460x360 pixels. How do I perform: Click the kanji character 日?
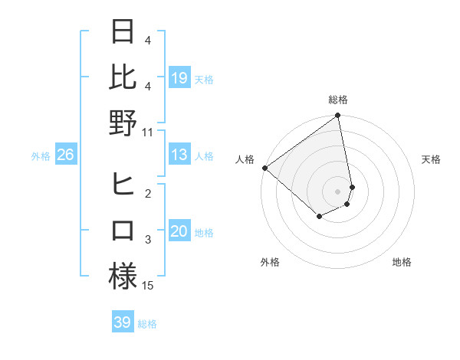click(x=123, y=33)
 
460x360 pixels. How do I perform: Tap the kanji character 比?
click(x=123, y=77)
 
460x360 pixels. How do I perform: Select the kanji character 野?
click(x=123, y=123)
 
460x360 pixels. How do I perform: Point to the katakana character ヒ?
click(x=123, y=185)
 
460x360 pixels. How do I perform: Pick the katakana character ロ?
click(x=123, y=231)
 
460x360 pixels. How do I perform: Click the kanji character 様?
click(x=123, y=276)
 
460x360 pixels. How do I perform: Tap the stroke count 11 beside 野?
click(x=148, y=132)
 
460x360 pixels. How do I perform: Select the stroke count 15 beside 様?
click(x=148, y=286)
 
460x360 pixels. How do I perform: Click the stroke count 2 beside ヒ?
click(x=148, y=194)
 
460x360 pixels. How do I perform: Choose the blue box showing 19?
click(x=179, y=78)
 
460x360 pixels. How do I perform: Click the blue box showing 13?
click(x=179, y=155)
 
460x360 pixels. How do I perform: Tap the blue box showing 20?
click(x=179, y=232)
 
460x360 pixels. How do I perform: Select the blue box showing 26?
click(x=66, y=155)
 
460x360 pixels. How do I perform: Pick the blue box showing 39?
click(x=122, y=322)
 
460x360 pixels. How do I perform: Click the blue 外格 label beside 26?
click(x=41, y=156)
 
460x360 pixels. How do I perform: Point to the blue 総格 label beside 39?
click(x=147, y=324)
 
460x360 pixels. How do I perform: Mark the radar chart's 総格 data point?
click(x=337, y=116)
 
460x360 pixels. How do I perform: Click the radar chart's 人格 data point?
click(x=264, y=168)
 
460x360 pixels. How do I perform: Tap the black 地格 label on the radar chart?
click(x=402, y=263)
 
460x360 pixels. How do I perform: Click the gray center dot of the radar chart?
click(x=337, y=190)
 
